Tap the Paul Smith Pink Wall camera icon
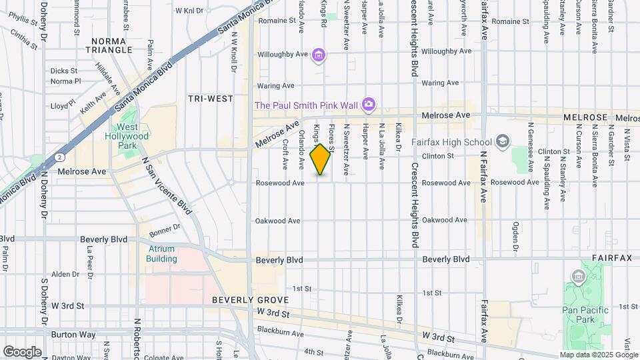tap(368, 104)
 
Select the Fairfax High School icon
tap(502, 141)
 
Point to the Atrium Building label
tap(161, 253)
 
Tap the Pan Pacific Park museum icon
tap(577, 276)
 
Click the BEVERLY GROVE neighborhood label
tap(241, 300)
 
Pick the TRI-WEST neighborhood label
tap(211, 98)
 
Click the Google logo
tap(22, 351)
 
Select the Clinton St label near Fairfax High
tap(437, 155)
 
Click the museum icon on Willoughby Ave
tap(319, 55)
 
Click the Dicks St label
tap(64, 70)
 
